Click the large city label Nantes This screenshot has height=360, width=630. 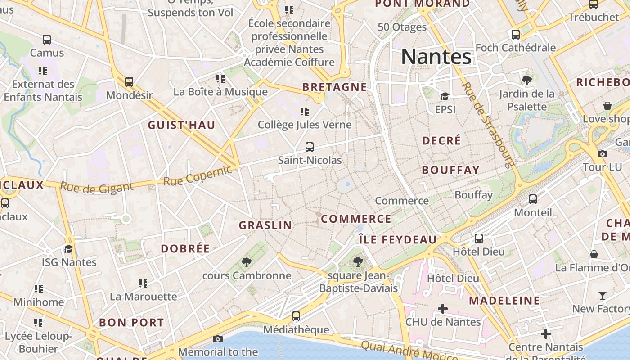click(436, 57)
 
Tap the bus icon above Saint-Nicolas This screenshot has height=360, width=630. click(310, 147)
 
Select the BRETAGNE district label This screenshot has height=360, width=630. click(334, 87)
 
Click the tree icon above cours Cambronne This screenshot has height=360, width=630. click(246, 262)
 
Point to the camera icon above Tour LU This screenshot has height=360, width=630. click(603, 154)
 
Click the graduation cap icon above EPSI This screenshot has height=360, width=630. click(445, 96)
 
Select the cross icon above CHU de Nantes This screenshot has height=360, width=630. click(443, 309)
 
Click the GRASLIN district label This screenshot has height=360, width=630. click(265, 225)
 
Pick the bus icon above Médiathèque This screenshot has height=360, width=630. click(296, 316)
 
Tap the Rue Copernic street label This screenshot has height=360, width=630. click(198, 176)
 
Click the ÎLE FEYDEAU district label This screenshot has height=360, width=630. click(398, 240)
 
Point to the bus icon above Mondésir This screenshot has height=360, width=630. click(129, 82)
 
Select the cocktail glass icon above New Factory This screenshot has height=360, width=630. click(603, 296)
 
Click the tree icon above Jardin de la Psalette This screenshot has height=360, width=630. click(526, 81)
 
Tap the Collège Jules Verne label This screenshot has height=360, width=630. click(305, 125)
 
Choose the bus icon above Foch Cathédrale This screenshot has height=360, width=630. click(516, 34)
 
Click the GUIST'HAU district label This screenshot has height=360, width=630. click(182, 126)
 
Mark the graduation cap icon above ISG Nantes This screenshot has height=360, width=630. click(69, 249)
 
